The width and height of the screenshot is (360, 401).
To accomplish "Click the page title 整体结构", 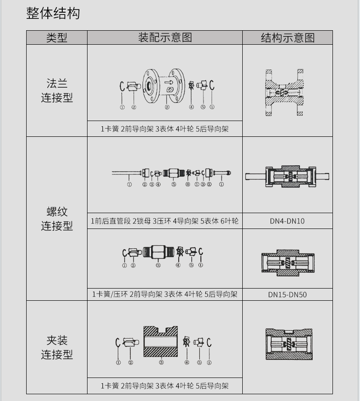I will (53, 14).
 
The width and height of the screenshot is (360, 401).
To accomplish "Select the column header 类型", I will (56, 37).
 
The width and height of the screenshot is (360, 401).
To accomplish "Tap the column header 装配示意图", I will (165, 37).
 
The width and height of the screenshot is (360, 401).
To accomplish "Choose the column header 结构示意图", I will (287, 37).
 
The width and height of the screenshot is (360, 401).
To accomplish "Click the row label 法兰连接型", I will (57, 90).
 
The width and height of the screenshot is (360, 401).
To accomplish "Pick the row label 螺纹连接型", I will (57, 219).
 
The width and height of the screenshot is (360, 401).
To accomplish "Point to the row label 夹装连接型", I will (57, 347).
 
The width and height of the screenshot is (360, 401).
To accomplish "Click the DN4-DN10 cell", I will (287, 221).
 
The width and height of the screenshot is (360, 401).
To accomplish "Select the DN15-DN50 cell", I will (287, 294).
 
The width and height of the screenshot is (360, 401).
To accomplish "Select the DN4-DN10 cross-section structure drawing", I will (287, 176).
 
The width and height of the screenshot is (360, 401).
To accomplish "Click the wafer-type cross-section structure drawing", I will (287, 344).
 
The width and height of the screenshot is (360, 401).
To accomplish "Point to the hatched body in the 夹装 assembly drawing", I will (160, 341).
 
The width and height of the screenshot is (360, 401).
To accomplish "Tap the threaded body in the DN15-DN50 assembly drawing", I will (157, 252).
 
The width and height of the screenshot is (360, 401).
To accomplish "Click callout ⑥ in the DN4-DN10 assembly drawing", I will (188, 184).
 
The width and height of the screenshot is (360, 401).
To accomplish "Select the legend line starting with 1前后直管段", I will (165, 221).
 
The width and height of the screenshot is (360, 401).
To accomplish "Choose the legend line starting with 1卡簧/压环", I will (165, 294).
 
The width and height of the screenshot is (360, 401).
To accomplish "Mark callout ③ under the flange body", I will (167, 107).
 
